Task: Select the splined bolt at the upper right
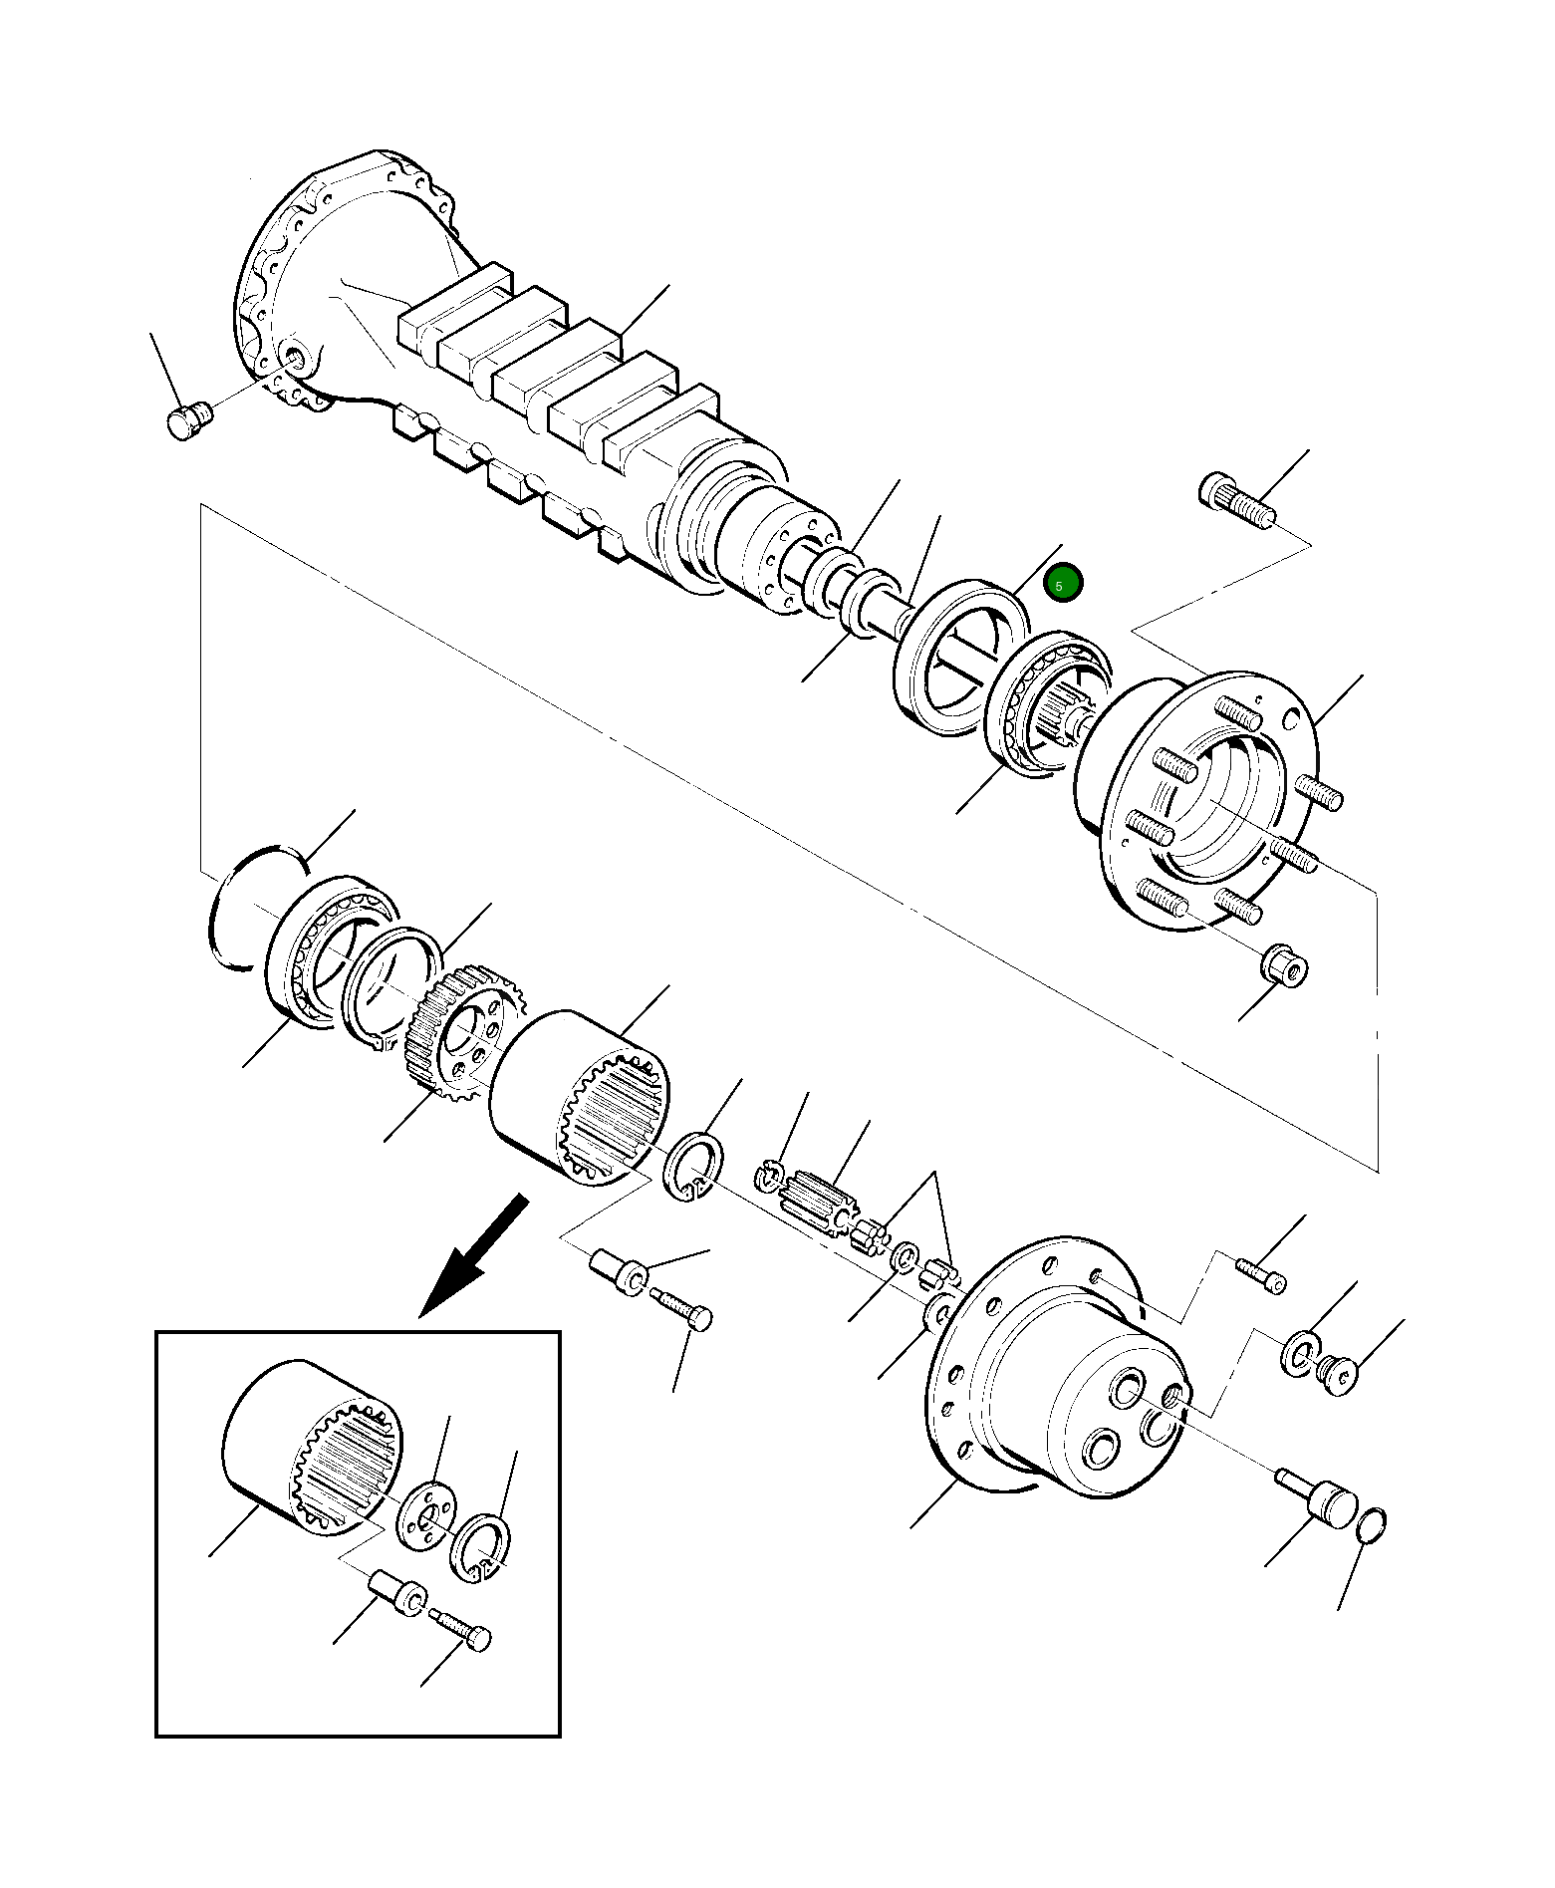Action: (1238, 503)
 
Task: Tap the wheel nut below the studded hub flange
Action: (1285, 965)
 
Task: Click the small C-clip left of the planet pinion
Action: (768, 1176)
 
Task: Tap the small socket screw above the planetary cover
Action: (1261, 1274)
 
